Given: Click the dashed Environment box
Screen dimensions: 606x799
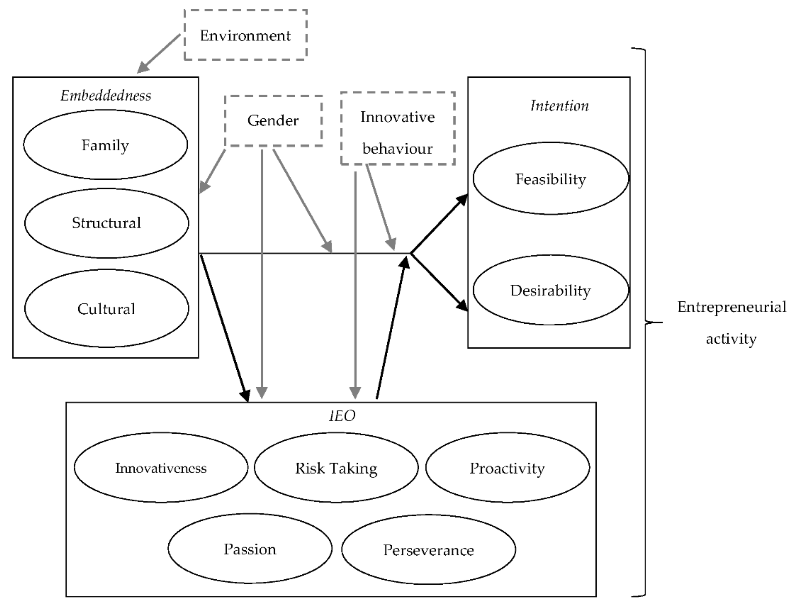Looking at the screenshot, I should (245, 35).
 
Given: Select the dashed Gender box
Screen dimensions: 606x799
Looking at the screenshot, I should (273, 121).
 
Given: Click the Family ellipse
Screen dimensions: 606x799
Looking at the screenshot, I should (105, 145).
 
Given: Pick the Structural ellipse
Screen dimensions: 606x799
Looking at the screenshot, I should (106, 223).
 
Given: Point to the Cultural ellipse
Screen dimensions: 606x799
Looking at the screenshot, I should (106, 309).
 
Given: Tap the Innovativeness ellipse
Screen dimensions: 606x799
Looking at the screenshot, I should (161, 468).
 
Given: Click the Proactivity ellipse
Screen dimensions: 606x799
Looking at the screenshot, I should (507, 468).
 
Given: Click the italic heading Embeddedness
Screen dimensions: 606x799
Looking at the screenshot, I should (106, 95).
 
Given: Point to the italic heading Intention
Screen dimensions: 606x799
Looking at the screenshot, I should (559, 105).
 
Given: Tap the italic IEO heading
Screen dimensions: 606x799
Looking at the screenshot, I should (342, 416).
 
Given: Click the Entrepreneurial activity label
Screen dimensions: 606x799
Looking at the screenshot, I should (732, 322).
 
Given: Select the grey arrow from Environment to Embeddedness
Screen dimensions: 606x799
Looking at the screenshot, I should (159, 53).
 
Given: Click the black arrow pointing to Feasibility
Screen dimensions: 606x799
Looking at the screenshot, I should (439, 224).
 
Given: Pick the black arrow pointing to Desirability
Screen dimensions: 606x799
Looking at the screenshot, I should (439, 282).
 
